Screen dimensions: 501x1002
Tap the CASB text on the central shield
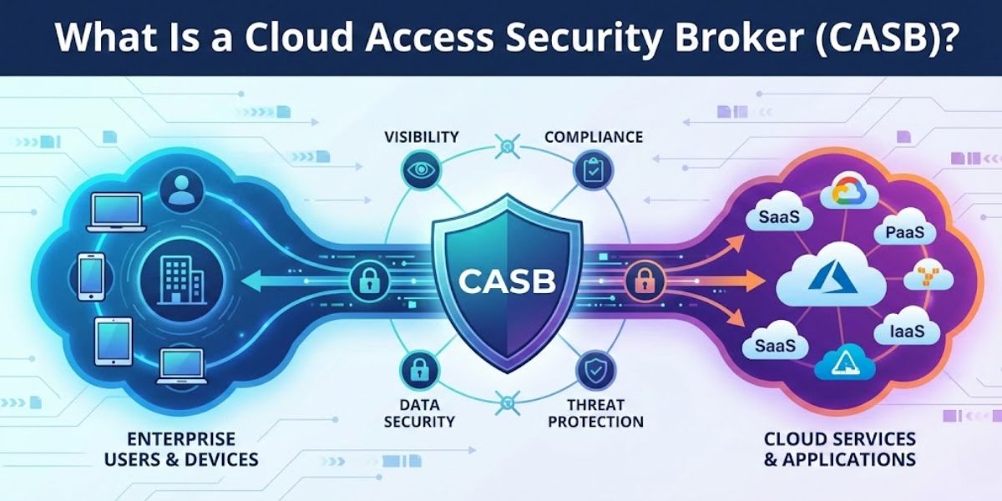507,281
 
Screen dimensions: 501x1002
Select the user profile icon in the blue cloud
180,191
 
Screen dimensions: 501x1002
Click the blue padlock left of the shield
367,281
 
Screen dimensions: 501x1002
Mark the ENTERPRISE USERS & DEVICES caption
181,449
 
